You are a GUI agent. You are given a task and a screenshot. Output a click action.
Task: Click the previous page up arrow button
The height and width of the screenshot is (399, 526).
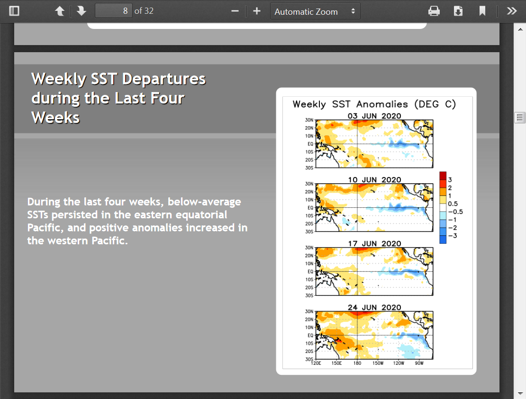coord(60,11)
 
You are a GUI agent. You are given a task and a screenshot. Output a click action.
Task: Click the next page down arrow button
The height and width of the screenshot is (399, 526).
coord(82,11)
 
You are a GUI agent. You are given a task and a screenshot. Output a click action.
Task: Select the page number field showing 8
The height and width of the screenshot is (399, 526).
coord(114,11)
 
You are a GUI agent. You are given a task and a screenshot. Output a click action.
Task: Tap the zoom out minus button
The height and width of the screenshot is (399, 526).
coord(235,11)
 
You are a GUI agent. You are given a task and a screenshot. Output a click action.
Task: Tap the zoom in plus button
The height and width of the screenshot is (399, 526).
coord(257,11)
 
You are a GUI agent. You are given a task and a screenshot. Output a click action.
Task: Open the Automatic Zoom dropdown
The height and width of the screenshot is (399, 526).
coord(315,11)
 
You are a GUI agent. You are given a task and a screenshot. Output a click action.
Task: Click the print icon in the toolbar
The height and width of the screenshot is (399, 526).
coord(434,11)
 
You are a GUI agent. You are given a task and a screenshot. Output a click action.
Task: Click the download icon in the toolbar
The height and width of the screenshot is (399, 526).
coord(458,11)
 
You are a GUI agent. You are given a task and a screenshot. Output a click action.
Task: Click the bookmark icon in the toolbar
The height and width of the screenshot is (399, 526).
coord(482,11)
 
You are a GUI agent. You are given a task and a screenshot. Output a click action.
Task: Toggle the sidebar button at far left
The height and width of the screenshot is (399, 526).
coord(14,11)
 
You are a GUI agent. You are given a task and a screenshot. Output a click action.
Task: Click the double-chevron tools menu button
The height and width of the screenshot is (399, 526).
coord(512,11)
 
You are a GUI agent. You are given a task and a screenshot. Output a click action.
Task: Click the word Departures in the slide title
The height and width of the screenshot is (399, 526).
coord(163,79)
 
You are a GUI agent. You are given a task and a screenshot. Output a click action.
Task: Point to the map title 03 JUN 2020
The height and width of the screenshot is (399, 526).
coord(374,116)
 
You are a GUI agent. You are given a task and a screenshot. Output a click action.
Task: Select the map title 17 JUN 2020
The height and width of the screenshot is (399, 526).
coord(374,243)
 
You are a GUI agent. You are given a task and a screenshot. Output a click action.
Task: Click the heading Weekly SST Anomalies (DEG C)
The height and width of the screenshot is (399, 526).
coord(374,104)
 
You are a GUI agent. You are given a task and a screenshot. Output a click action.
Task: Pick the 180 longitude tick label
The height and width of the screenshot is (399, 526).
coord(357,363)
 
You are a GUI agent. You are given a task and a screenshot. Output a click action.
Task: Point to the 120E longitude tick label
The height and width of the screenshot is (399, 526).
coord(316,363)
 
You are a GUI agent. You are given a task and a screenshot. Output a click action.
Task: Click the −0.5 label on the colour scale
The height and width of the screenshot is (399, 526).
coord(455,212)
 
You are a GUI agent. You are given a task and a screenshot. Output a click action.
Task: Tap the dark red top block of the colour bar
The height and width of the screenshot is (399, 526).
coord(443,176)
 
